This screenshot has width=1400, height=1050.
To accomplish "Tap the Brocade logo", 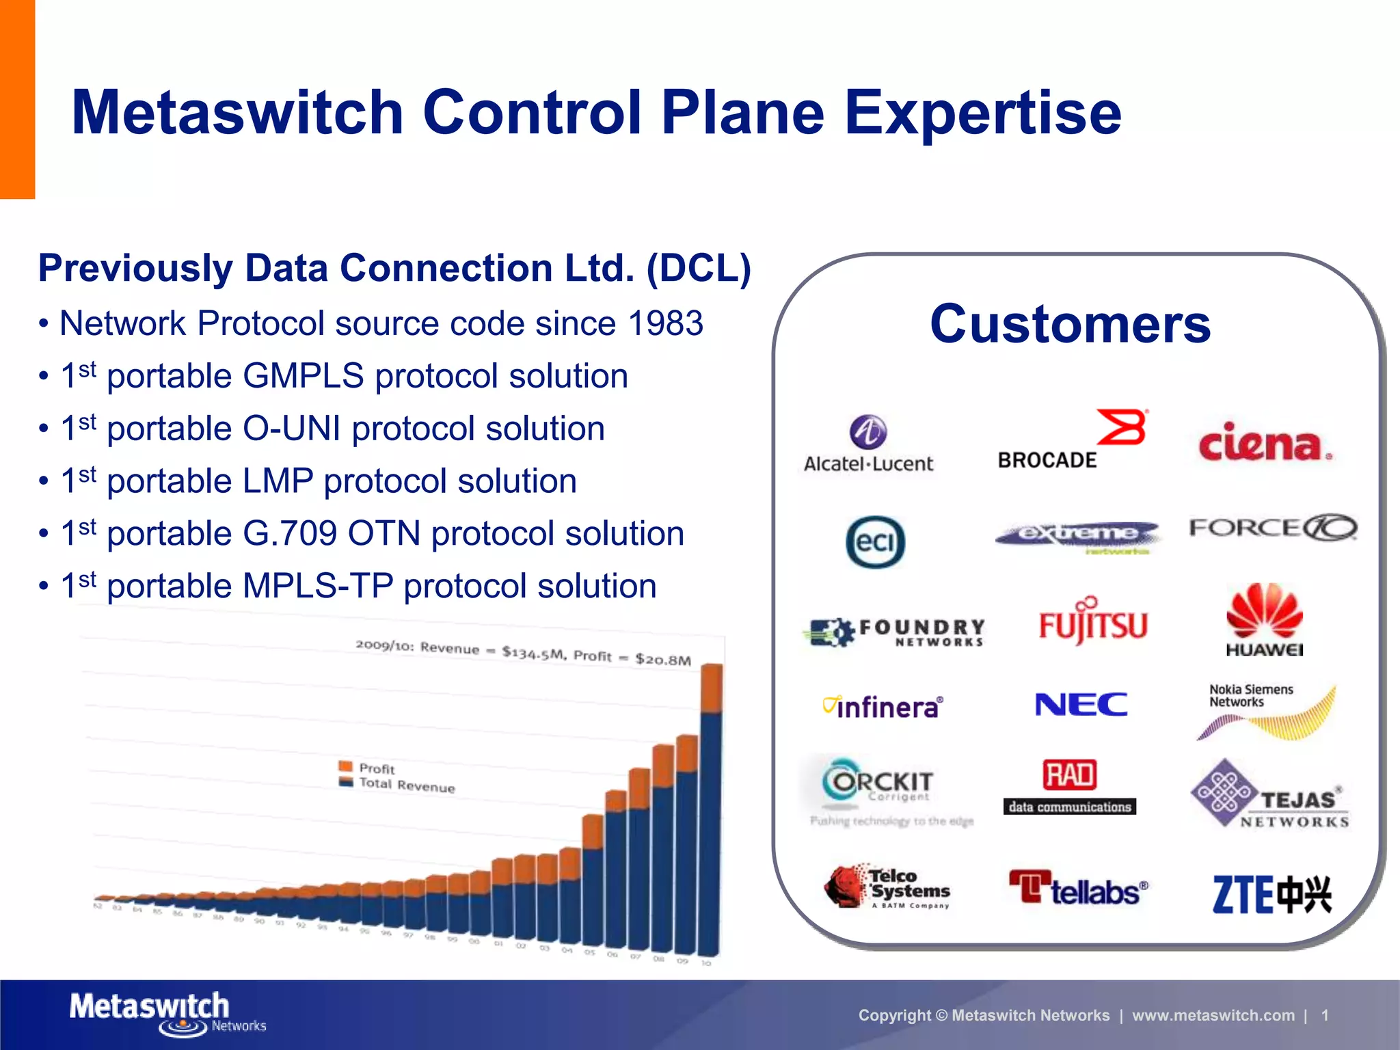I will click(1072, 441).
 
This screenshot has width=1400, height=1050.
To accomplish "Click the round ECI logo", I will click(875, 542).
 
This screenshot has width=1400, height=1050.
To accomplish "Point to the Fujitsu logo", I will click(1092, 622).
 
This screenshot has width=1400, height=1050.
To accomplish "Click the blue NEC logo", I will click(1081, 705).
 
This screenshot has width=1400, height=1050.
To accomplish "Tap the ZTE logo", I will click(1271, 894).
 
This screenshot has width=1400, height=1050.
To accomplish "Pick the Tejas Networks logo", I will click(1270, 795).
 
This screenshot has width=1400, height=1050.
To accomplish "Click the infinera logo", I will click(883, 707).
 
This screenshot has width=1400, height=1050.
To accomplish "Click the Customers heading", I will click(1070, 324).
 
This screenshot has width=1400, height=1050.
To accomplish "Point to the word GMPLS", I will click(303, 376).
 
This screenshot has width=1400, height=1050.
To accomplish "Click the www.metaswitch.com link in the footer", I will click(1213, 1015).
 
